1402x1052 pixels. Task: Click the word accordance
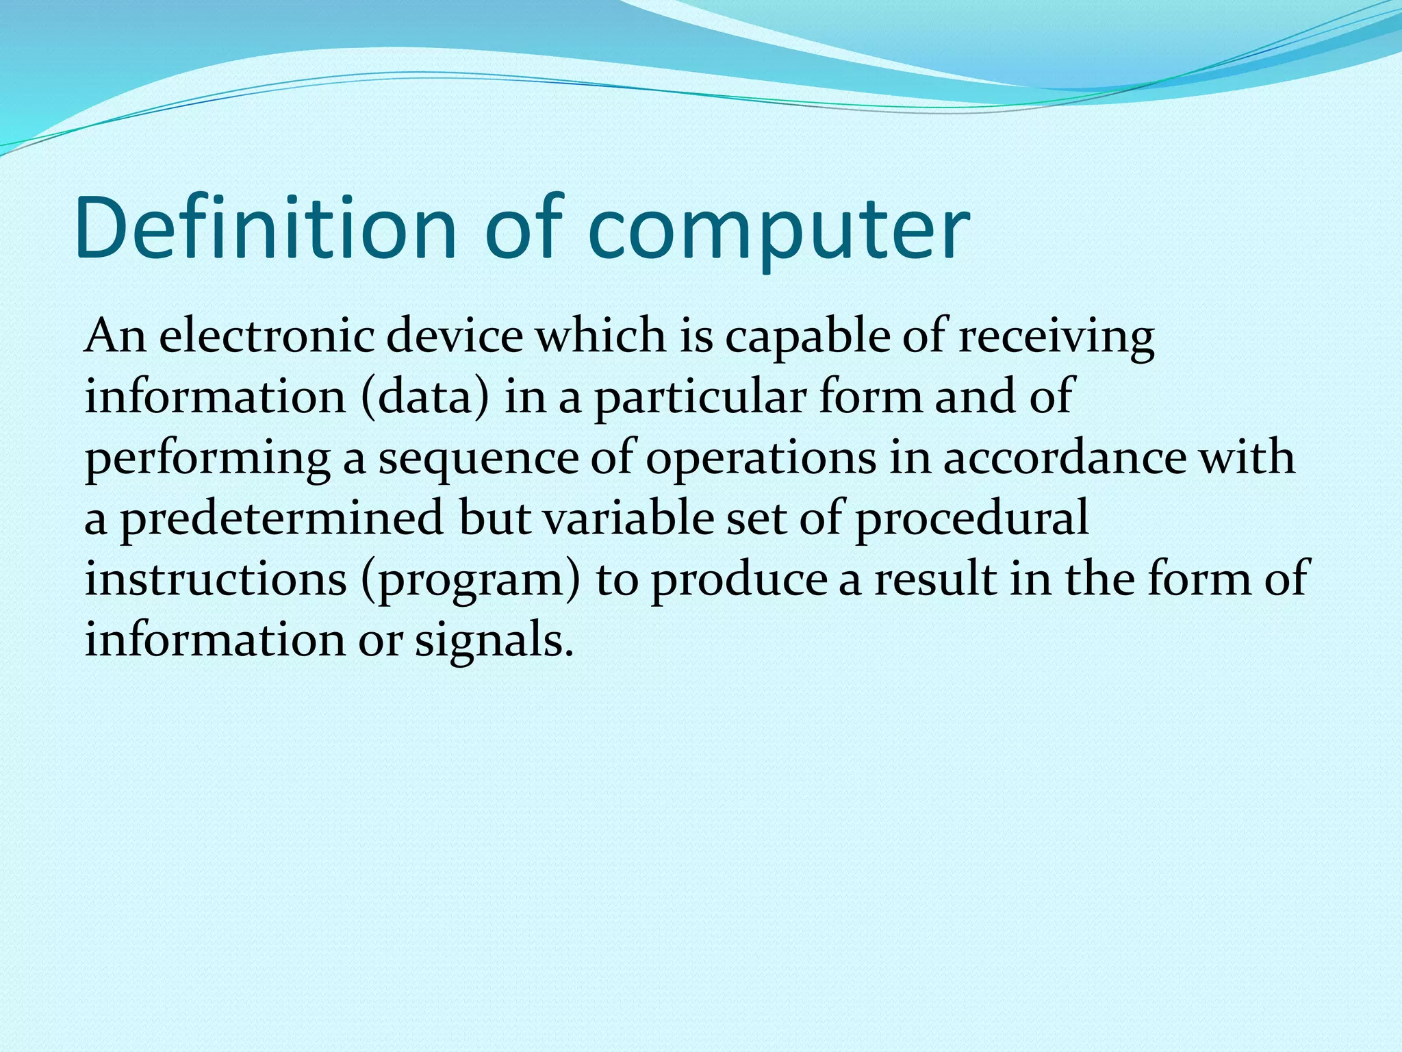(x=1065, y=458)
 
